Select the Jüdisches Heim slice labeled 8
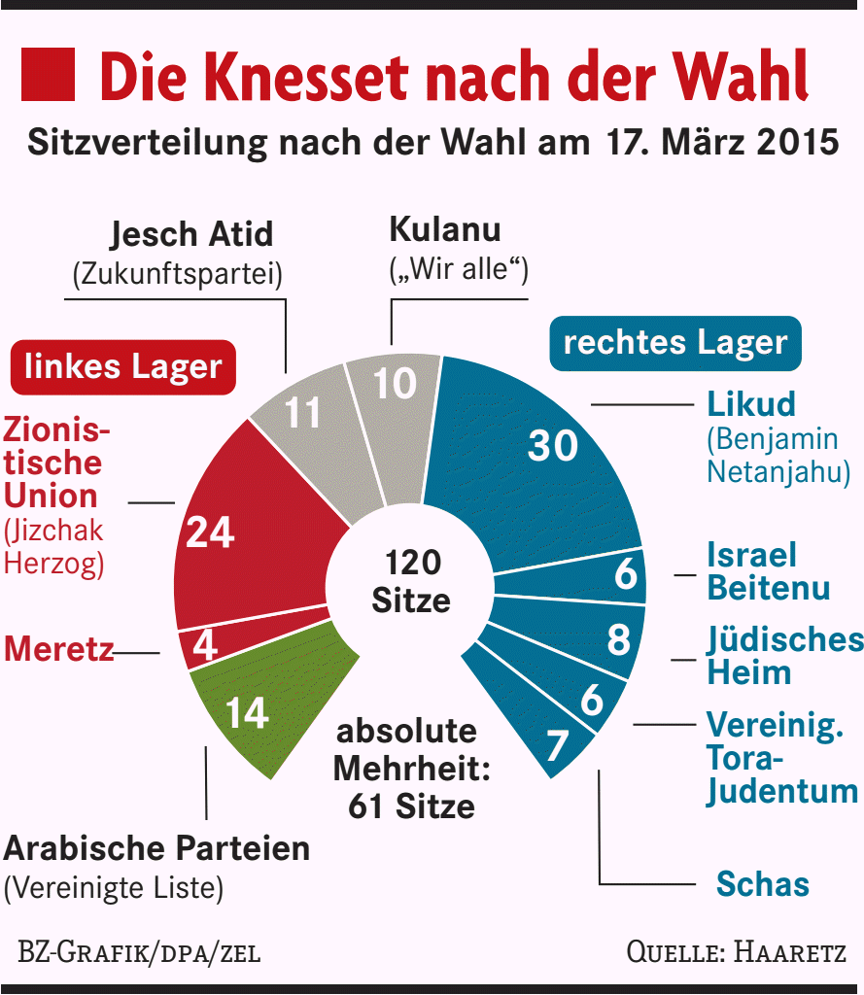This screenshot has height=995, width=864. (x=603, y=639)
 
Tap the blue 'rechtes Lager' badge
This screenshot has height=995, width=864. (x=675, y=343)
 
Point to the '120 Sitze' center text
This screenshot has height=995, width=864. (x=412, y=581)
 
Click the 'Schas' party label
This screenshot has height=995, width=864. (x=762, y=884)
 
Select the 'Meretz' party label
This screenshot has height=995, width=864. (x=58, y=649)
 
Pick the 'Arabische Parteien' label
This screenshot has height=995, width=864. (x=156, y=848)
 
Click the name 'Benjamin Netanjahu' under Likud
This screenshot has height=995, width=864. (x=778, y=456)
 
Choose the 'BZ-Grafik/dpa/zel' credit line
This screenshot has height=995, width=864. (x=139, y=951)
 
